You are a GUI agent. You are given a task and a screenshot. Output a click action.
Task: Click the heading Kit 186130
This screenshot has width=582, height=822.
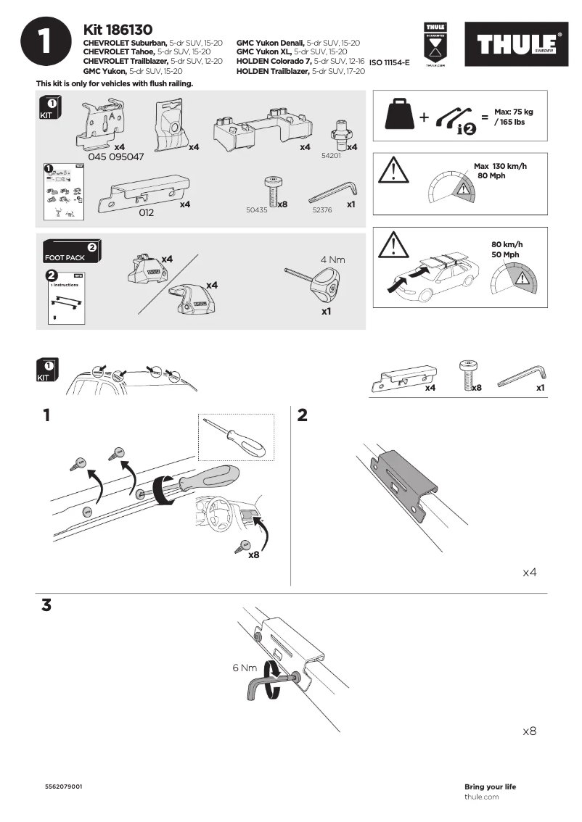point(118,30)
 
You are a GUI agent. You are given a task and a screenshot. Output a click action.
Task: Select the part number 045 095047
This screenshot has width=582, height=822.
point(115,157)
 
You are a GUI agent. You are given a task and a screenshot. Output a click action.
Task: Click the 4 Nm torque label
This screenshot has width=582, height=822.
point(332,259)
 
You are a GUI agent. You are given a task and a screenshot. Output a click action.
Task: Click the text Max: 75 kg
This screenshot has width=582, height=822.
point(513,112)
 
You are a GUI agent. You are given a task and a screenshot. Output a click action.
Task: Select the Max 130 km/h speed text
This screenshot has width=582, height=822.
point(500,167)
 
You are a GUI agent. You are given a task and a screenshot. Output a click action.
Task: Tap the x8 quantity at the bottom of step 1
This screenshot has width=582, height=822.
point(254,555)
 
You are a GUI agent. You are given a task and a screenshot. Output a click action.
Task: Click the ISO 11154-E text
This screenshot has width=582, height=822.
point(390,63)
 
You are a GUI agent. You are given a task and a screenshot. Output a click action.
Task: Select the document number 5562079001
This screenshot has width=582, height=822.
point(63,786)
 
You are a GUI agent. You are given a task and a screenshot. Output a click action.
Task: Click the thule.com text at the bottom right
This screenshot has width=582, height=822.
point(481,797)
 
